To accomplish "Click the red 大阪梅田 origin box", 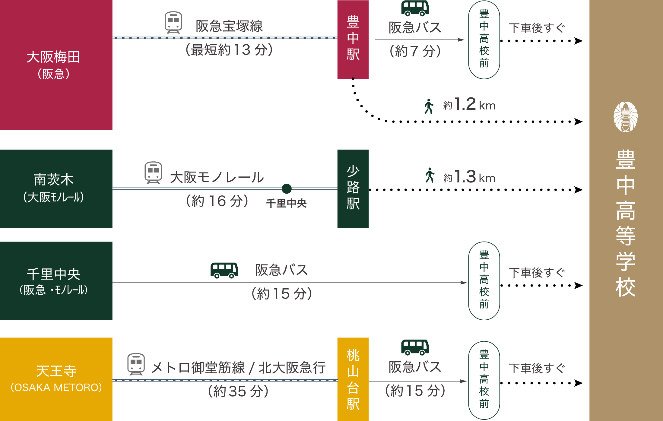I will [56, 65].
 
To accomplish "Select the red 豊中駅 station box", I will [353, 40].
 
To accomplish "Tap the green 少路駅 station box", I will [353, 188].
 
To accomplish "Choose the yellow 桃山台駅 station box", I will [353, 379].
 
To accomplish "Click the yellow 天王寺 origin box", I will [56, 379].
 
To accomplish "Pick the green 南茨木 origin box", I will [56, 188].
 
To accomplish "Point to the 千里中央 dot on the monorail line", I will [287, 189].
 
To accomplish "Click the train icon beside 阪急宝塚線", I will [173, 22].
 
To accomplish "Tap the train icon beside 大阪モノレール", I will [153, 172].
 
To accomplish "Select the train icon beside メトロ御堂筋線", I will [136, 364].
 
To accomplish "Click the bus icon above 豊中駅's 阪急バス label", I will [415, 8].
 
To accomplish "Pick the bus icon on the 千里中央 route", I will [224, 270].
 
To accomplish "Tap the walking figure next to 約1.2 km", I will [429, 106].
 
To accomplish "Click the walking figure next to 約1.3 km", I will [430, 175].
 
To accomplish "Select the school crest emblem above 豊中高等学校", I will [626, 117].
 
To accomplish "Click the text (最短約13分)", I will [229, 50].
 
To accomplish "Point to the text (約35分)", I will [238, 391].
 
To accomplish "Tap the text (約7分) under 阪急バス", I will [415, 51].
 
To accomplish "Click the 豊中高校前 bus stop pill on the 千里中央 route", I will [484, 280].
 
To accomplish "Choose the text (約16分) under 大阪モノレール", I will [217, 201].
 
